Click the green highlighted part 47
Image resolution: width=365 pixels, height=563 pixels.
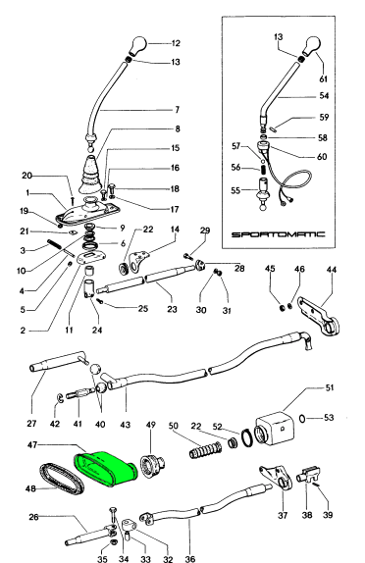click(106, 469)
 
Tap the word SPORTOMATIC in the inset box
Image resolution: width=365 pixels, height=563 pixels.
click(278, 234)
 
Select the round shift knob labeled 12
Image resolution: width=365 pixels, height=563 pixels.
click(137, 45)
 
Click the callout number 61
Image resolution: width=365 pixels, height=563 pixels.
click(324, 78)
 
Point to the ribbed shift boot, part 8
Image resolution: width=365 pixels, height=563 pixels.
click(87, 176)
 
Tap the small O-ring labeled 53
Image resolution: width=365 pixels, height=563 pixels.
click(302, 418)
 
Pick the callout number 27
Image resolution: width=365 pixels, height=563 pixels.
click(31, 424)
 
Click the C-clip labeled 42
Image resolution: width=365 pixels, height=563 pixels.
click(61, 397)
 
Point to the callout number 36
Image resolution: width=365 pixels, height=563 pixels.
click(190, 558)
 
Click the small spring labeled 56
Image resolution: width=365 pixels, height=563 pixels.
click(263, 169)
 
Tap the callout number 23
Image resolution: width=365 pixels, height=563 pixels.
click(172, 309)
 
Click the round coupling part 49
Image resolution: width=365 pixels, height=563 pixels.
click(152, 466)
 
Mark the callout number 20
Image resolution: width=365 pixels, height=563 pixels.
click(26, 176)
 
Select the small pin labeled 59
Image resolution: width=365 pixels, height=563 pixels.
click(273, 128)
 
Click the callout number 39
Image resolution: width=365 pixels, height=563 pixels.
click(328, 515)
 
